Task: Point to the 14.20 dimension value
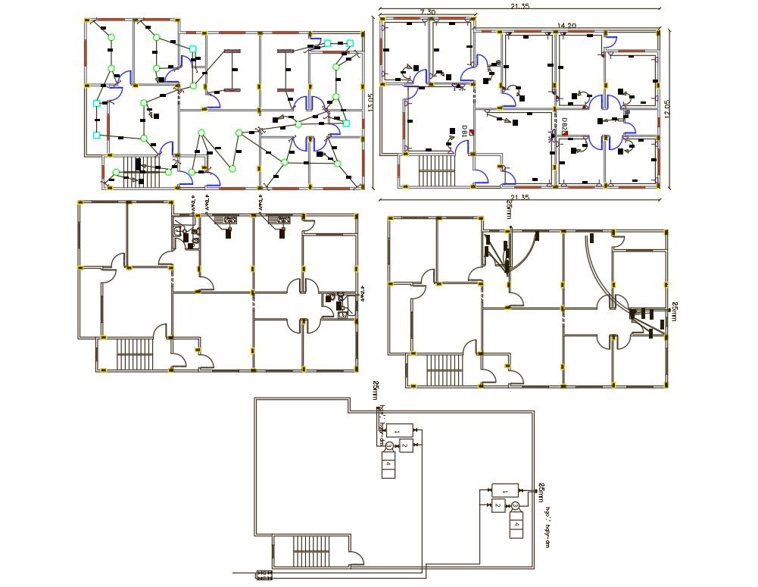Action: point(566,26)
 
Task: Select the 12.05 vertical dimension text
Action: point(667,106)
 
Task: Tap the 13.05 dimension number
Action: point(371,103)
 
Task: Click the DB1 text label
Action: point(464,132)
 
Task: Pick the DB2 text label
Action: point(564,126)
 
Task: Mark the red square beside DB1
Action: point(472,133)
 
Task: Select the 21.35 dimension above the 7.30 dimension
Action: point(519,6)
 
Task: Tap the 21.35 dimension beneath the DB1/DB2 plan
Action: point(519,198)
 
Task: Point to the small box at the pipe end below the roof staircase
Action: point(264,575)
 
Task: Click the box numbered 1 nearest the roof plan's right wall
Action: point(502,490)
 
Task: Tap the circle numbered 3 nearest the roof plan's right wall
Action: point(515,505)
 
